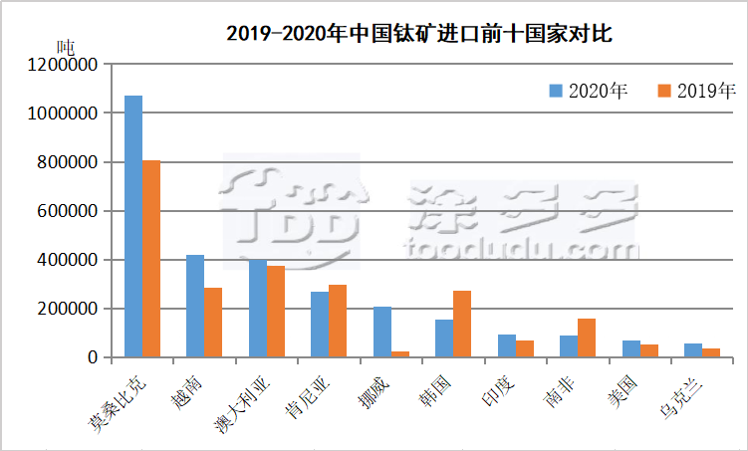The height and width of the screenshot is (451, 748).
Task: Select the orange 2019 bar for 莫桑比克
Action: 151,259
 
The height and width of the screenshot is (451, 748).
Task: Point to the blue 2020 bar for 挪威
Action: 382,332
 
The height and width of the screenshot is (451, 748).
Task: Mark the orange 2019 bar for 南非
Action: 587,338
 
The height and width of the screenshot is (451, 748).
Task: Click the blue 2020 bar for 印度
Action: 507,345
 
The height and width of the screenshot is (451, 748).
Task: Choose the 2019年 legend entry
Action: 696,92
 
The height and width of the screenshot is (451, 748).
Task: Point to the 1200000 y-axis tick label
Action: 64,65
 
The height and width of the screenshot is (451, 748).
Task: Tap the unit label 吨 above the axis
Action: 66,46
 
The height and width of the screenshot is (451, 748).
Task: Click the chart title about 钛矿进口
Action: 418,34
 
